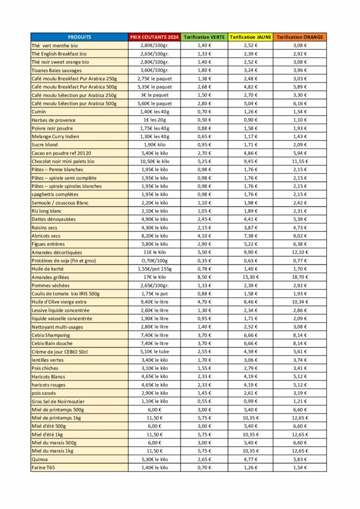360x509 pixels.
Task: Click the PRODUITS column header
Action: (x=79, y=37)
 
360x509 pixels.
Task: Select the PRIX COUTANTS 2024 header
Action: (x=154, y=37)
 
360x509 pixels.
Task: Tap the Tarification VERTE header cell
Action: (x=204, y=37)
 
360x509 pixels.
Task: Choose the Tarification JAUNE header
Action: (x=251, y=37)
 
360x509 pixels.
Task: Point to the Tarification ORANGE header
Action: (x=300, y=37)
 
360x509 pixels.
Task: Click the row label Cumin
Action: (x=39, y=112)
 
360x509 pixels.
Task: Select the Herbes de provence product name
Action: (x=54, y=120)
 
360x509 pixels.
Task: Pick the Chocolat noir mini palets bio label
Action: (x=63, y=162)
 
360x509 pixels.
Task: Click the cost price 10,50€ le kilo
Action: (x=154, y=162)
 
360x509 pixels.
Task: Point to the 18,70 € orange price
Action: (x=300, y=277)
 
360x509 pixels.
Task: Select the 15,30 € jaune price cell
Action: (x=251, y=277)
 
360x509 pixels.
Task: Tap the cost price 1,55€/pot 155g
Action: (x=154, y=269)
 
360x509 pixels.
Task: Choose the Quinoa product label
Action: (x=40, y=459)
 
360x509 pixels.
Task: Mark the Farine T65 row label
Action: (x=44, y=468)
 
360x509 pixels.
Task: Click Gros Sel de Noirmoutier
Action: (x=58, y=401)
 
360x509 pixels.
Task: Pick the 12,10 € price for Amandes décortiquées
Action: (x=300, y=253)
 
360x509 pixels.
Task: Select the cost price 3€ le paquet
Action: (x=154, y=95)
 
